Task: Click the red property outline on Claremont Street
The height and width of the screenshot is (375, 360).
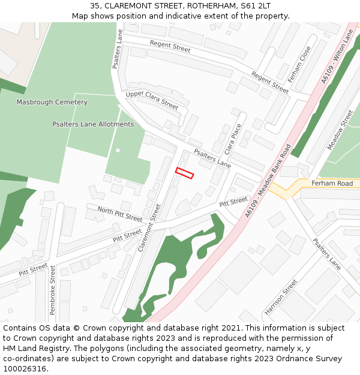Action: tap(184, 173)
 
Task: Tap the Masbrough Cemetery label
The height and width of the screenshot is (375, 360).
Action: tap(52, 102)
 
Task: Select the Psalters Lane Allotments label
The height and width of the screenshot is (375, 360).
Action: tap(93, 124)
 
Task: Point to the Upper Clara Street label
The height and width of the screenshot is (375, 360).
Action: tap(152, 100)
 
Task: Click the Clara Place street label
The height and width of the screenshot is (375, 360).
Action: tap(232, 139)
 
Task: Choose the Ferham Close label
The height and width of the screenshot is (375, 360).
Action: tap(299, 64)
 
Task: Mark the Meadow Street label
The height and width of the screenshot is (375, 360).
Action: tap(340, 130)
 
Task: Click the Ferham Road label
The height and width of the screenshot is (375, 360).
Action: tap(332, 183)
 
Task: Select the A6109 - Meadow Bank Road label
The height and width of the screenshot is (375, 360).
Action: tap(268, 181)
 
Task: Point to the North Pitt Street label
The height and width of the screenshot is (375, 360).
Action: tap(120, 214)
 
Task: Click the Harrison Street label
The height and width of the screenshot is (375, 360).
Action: tap(281, 297)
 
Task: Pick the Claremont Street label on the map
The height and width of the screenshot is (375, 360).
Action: tap(149, 227)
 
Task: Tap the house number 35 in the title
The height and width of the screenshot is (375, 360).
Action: tap(95, 5)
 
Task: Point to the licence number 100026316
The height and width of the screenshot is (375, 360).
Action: tap(25, 369)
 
